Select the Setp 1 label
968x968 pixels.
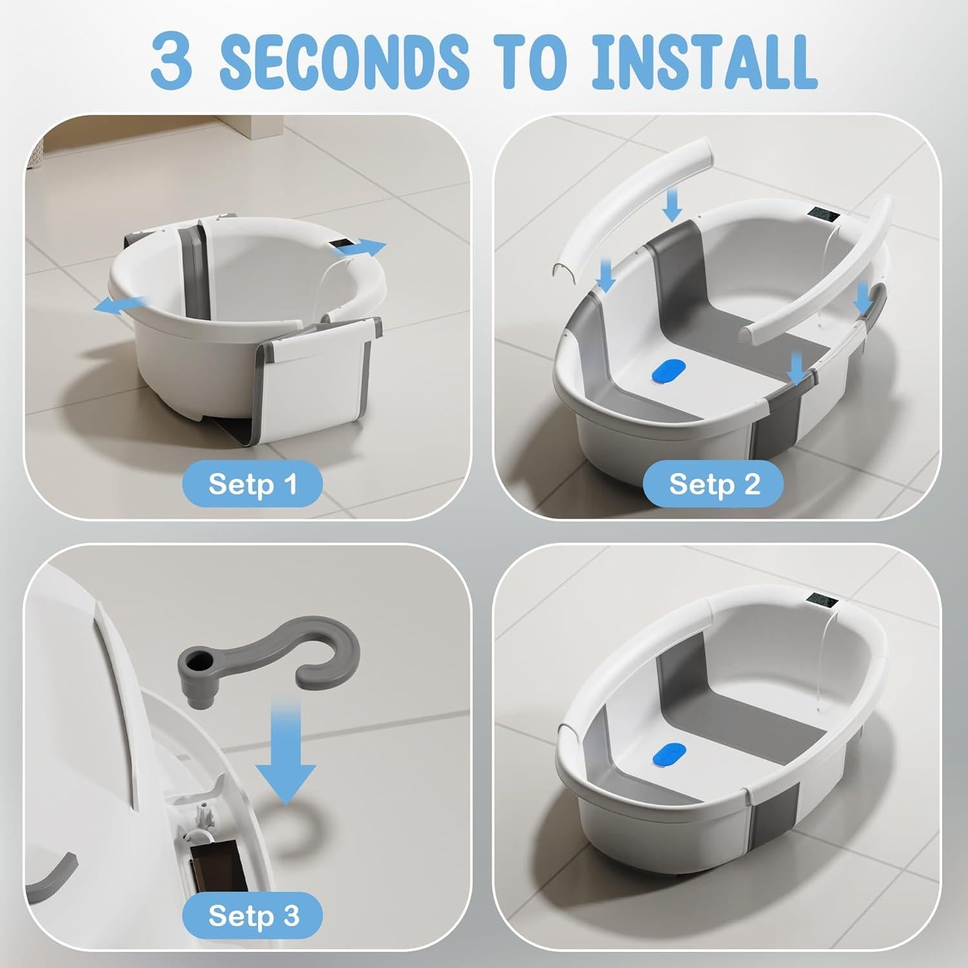(252, 484)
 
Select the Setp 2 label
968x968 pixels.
(714, 484)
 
